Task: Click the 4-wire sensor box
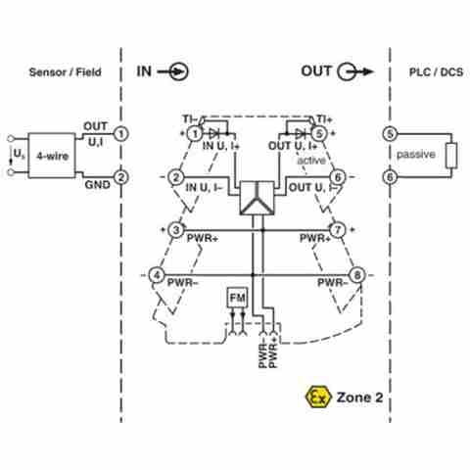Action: (52, 156)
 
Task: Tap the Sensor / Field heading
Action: (66, 72)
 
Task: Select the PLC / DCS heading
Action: (436, 72)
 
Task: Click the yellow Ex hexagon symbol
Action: (318, 397)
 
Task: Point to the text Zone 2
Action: (359, 398)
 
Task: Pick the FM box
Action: (237, 298)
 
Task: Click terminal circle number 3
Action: (176, 230)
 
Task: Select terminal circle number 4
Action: (157, 275)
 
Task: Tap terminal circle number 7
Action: (338, 230)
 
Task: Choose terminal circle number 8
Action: (357, 275)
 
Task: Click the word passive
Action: (416, 155)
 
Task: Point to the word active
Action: (311, 161)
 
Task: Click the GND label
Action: (97, 185)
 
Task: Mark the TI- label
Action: (189, 119)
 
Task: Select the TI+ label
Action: (325, 119)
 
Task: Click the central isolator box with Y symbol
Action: (257, 198)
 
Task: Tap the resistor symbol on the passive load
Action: (451, 156)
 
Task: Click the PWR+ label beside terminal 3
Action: (203, 238)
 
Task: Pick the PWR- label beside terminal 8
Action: (333, 283)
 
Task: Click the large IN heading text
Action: (144, 71)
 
